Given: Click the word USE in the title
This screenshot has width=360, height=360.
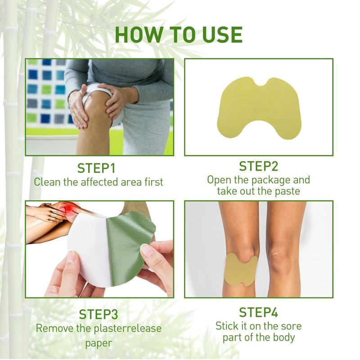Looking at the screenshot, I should pyautogui.click(x=221, y=35).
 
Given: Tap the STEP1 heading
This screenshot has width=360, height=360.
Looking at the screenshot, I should pyautogui.click(x=96, y=168).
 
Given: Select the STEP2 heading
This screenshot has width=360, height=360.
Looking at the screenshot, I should pyautogui.click(x=258, y=166).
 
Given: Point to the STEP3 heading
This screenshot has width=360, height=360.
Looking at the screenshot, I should pyautogui.click(x=99, y=314).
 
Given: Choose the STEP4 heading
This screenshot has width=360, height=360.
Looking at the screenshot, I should pyautogui.click(x=258, y=312).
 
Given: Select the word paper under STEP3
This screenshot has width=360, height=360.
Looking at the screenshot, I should pyautogui.click(x=99, y=344).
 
